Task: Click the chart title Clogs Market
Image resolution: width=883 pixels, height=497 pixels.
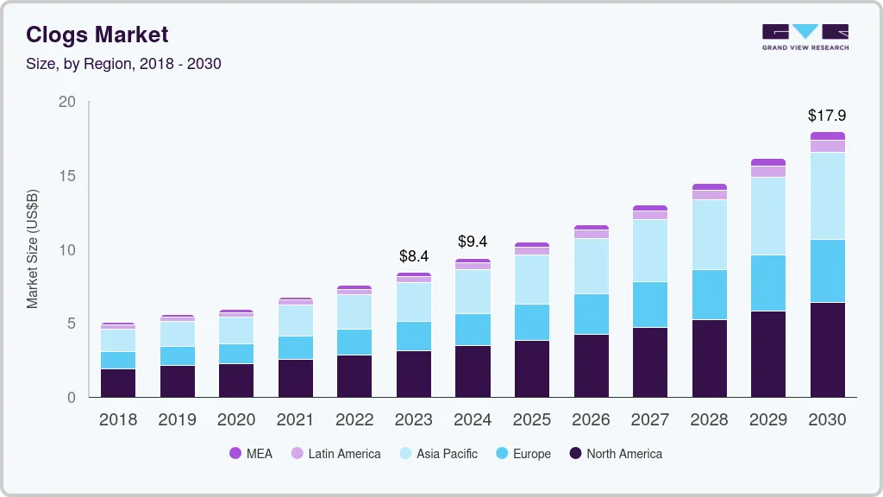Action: [97, 35]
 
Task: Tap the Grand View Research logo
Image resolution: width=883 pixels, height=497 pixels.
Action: [805, 36]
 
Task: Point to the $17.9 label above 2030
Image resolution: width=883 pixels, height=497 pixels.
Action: [826, 115]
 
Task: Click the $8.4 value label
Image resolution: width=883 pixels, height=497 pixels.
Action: [414, 256]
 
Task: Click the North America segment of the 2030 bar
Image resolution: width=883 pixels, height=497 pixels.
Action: [827, 349]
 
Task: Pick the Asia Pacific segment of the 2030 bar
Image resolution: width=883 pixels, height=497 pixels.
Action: [827, 196]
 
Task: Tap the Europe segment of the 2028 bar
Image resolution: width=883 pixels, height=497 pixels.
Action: [709, 294]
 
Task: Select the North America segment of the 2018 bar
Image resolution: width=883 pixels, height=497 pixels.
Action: [118, 383]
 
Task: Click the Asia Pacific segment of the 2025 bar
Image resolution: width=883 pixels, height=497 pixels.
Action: [532, 280]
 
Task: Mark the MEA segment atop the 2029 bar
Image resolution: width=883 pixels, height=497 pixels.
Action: [768, 162]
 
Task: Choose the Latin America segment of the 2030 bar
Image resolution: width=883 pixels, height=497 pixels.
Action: [827, 146]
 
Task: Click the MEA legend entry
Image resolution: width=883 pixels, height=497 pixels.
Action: [251, 454]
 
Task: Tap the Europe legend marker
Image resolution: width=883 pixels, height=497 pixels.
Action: [501, 454]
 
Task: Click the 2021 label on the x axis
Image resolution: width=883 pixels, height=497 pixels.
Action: [295, 420]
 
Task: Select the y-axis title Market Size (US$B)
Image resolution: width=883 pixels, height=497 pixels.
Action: [33, 248]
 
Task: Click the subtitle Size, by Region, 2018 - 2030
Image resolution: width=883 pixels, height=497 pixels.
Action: [123, 64]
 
